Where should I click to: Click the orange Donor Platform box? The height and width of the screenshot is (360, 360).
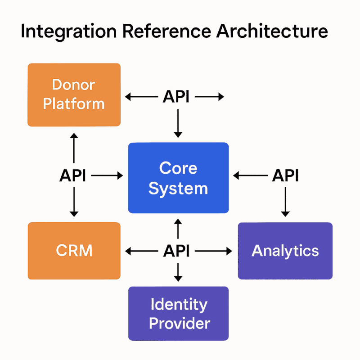coord(74,95)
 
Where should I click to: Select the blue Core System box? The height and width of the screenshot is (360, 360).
coord(178,178)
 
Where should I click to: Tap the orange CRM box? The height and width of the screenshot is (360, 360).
coord(74,251)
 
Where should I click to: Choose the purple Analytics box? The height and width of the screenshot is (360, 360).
coord(285,251)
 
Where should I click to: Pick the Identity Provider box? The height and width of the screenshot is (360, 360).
coord(178,313)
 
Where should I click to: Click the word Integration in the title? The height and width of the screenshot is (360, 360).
coord(69,31)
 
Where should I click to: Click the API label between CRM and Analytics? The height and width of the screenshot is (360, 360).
coord(176,251)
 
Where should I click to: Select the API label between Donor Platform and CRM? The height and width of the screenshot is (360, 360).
coord(72,175)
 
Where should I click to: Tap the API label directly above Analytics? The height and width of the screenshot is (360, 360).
coord(285,175)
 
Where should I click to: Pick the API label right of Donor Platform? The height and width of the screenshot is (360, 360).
coord(176,96)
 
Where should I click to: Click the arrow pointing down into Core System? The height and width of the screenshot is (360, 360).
coord(178,123)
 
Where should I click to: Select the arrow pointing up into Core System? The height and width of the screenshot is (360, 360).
coord(178,229)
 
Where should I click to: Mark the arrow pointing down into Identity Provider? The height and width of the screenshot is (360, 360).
coord(178,272)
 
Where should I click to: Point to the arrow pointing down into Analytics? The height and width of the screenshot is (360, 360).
coord(285,202)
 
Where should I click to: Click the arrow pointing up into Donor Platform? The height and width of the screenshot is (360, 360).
coord(74,148)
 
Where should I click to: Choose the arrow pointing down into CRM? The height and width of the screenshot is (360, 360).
coord(74,202)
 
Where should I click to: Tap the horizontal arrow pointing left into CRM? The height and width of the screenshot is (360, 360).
coord(141,251)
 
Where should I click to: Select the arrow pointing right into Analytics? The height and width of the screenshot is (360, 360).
coord(213,251)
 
